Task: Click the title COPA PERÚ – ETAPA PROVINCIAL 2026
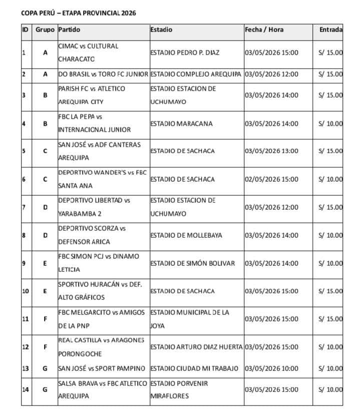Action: pyautogui.click(x=79, y=13)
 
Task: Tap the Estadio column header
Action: pyautogui.click(x=161, y=30)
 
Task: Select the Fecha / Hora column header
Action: pyautogui.click(x=264, y=30)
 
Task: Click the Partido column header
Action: pyautogui.click(x=69, y=30)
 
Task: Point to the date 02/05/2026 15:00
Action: pyautogui.click(x=271, y=179)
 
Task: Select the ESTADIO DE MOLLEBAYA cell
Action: pyautogui.click(x=186, y=235)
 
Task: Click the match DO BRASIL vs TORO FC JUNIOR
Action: pyautogui.click(x=103, y=74)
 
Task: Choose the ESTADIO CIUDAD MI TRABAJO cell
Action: pyautogui.click(x=194, y=368)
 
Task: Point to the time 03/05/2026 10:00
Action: pyautogui.click(x=271, y=368)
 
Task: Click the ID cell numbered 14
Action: pyautogui.click(x=26, y=389)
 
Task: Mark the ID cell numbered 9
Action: pyautogui.click(x=24, y=263)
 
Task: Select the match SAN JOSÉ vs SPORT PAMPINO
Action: pyautogui.click(x=102, y=368)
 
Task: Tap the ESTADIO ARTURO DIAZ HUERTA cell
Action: pyautogui.click(x=196, y=346)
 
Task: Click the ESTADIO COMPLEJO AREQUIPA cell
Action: pyautogui.click(x=196, y=74)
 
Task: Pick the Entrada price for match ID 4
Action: pyautogui.click(x=330, y=123)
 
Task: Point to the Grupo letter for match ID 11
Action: pyautogui.click(x=45, y=318)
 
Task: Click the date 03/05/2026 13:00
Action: pyautogui.click(x=271, y=151)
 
